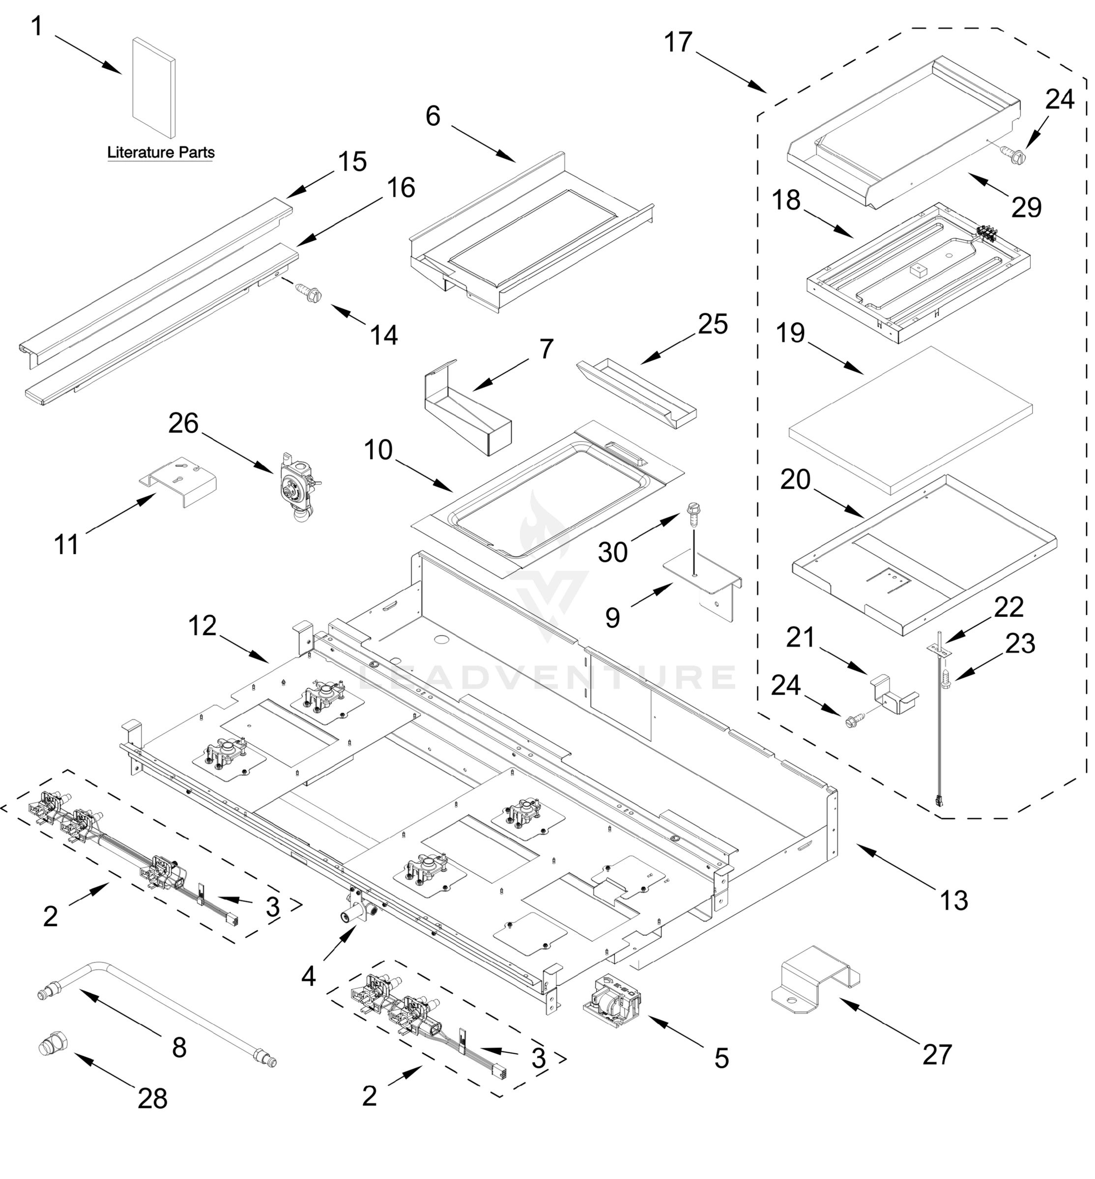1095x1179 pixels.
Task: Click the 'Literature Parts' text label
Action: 161,152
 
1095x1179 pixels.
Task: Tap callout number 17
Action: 678,43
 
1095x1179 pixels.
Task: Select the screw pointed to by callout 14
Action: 309,291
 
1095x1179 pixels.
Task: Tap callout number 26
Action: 183,423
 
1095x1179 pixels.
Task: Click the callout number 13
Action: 953,900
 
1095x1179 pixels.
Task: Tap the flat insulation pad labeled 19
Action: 911,421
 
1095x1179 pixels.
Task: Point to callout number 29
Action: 1026,207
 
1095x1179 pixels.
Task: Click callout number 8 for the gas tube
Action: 179,1047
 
